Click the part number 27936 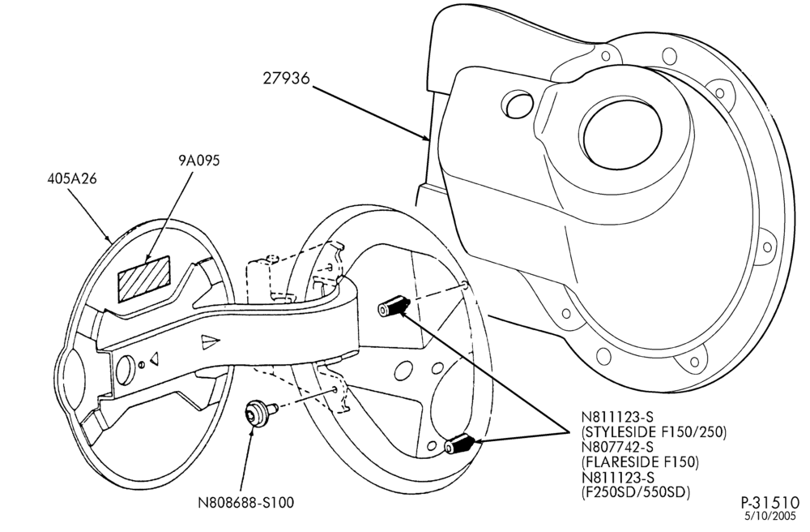pos(286,78)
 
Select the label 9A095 pos(199,161)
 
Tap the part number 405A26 pos(72,178)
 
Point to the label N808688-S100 pos(246,502)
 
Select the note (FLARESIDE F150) pos(640,461)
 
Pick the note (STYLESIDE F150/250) pos(654,431)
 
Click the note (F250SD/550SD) pos(635,492)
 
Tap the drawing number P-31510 pos(770,503)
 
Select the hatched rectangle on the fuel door pos(144,277)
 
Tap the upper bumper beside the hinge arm pos(393,306)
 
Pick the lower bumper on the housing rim pos(459,443)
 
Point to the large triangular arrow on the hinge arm pos(211,341)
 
